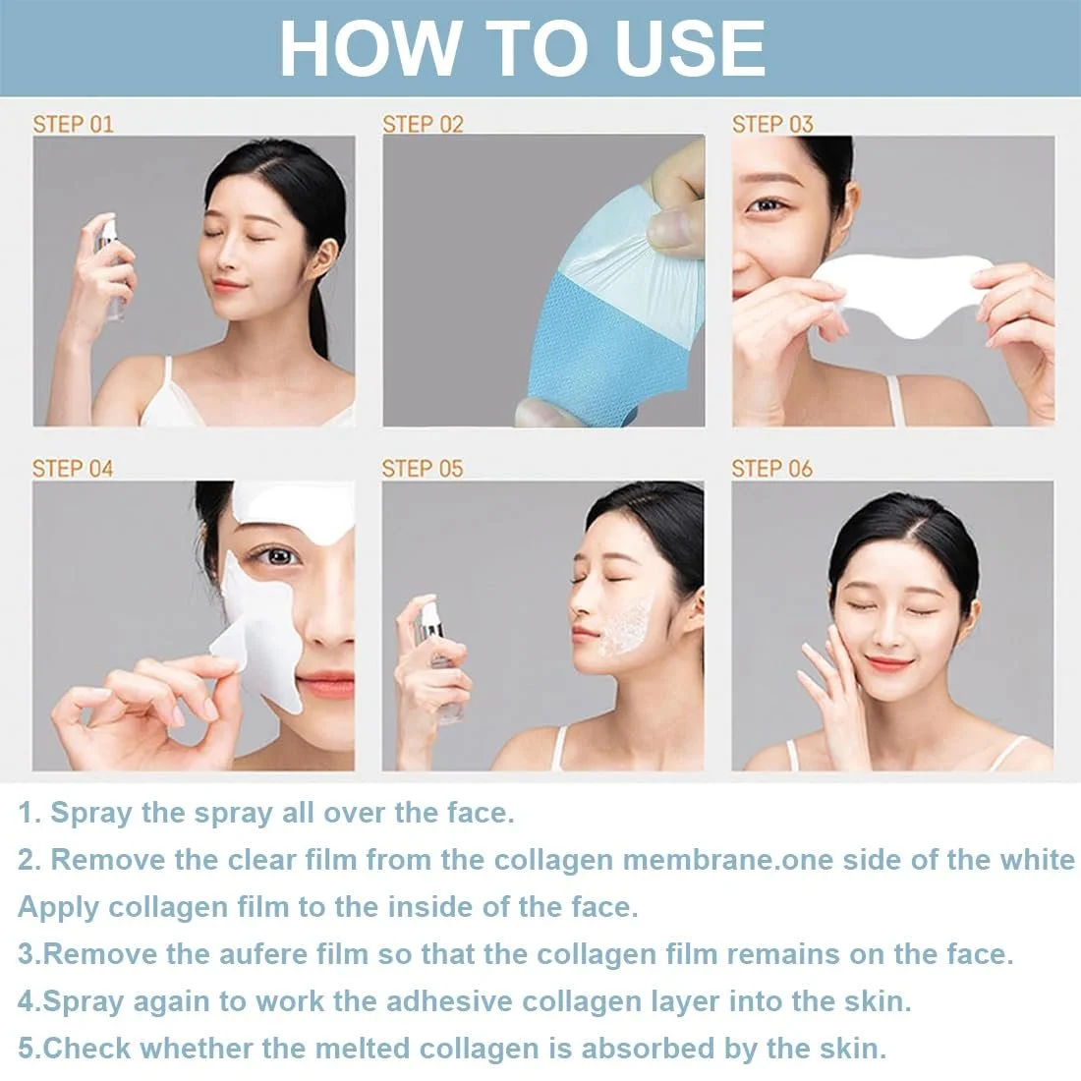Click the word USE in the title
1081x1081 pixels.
(690, 48)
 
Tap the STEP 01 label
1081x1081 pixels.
(73, 124)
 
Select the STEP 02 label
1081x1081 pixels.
(423, 124)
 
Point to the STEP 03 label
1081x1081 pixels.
(772, 124)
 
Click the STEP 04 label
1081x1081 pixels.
(73, 469)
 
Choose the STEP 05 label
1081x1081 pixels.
(422, 469)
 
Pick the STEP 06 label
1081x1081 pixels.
(771, 469)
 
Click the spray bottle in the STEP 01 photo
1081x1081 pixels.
(112, 269)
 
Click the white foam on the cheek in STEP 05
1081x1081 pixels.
(626, 624)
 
